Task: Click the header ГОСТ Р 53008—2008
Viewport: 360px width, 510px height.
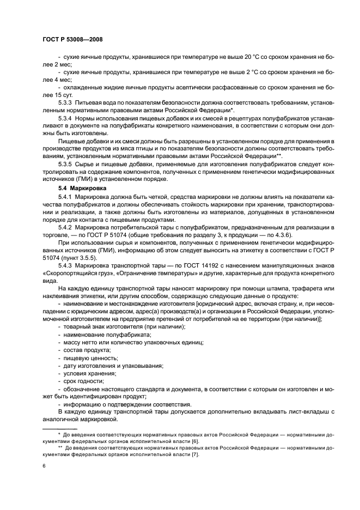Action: click(x=72, y=39)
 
